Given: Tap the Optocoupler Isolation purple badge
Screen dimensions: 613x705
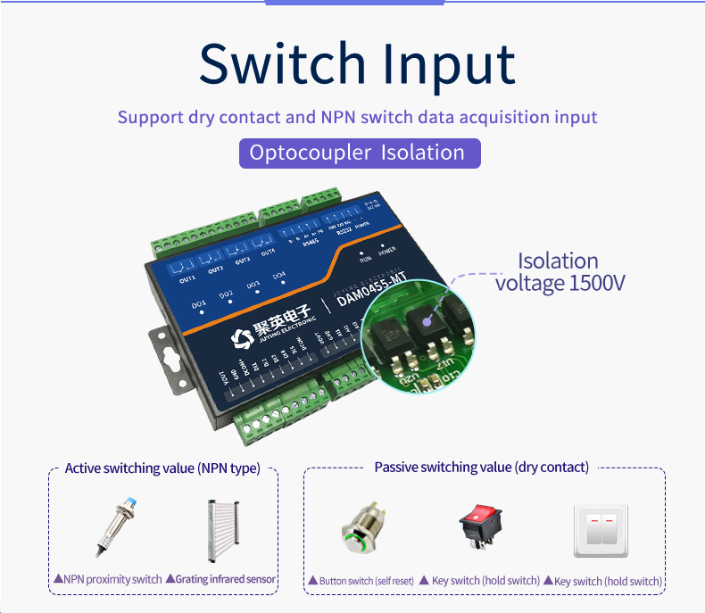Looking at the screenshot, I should [x=359, y=153].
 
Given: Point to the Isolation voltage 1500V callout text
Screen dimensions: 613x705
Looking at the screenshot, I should [x=560, y=272].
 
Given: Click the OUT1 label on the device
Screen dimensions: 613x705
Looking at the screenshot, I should [x=187, y=279].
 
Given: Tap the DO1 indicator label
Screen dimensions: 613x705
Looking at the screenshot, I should [x=199, y=304].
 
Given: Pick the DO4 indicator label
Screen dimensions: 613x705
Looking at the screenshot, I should [x=279, y=275].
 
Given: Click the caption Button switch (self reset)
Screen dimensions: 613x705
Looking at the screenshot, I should [x=365, y=581].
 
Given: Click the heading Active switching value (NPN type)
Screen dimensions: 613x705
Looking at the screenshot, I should [x=162, y=468].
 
